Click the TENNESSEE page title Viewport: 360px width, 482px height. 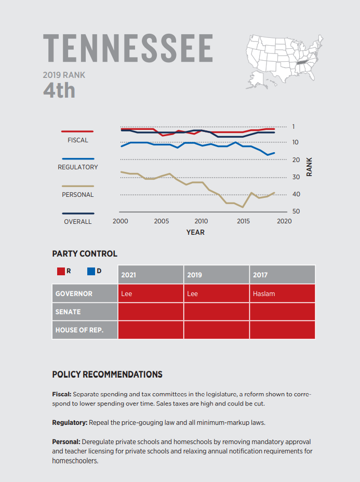pos(128,48)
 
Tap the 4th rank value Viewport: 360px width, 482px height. pos(59,90)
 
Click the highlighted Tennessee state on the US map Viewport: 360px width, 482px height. pos(301,63)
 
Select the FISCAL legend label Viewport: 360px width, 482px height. pos(78,140)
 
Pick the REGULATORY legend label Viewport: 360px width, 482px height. pos(78,167)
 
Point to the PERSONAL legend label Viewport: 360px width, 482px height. pos(78,195)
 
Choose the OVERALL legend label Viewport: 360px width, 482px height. pos(78,222)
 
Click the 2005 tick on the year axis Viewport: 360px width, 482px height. pos(162,221)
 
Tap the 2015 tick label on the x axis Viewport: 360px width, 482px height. pos(243,221)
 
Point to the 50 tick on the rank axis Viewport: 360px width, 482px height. pos(297,211)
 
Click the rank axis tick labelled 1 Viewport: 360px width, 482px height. pos(294,127)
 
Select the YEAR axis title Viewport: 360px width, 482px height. pos(195,232)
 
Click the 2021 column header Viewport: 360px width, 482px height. pos(128,275)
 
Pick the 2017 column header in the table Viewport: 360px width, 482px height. pos(260,275)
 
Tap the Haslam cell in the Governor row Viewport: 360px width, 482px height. pos(264,293)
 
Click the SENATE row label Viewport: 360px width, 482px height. pos(68,312)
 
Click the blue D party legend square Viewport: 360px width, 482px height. pos(91,271)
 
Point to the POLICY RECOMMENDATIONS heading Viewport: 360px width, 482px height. pos(107,374)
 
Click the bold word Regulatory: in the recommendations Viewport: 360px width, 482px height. pos(70,422)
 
